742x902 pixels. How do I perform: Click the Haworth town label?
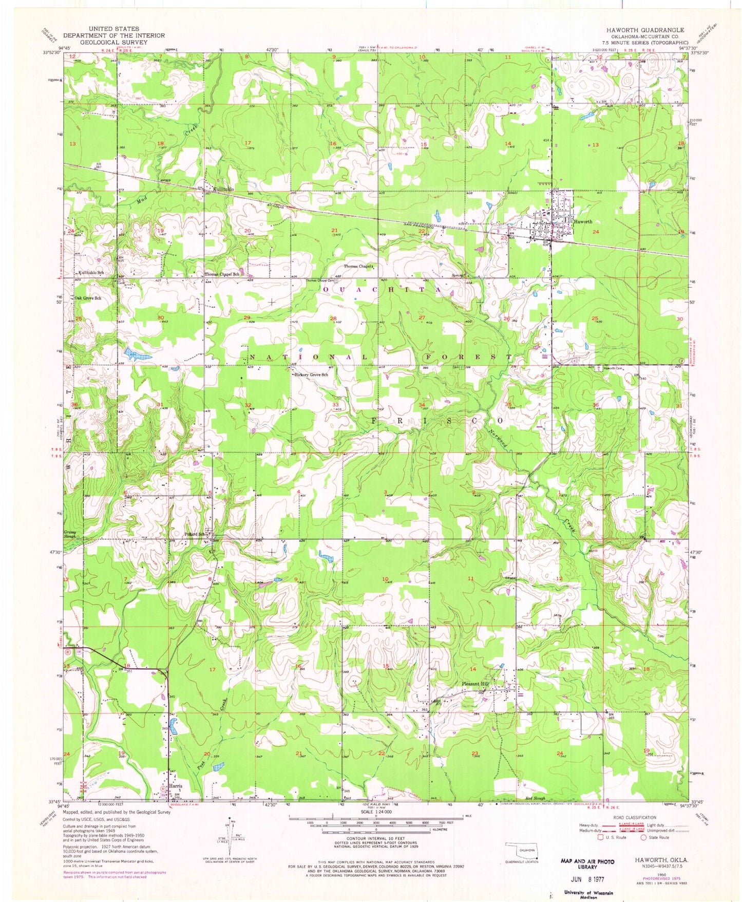click(583, 222)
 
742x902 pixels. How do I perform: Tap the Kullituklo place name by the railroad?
click(223, 190)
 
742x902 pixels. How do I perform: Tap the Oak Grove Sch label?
click(88, 298)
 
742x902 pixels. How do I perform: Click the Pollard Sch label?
click(195, 533)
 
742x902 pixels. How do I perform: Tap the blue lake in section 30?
click(136, 353)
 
